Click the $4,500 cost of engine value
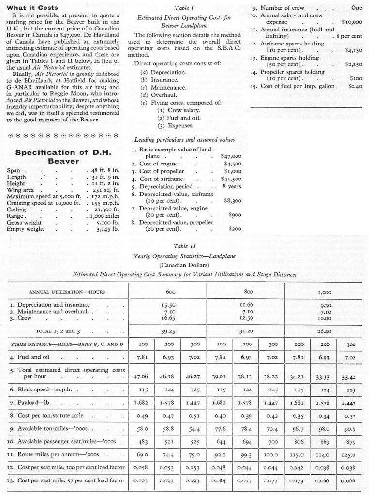click(x=232, y=164)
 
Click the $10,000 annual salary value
click(x=352, y=22)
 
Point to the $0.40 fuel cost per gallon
click(x=354, y=86)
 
